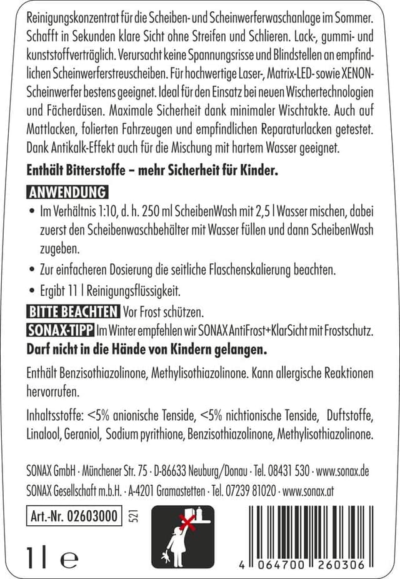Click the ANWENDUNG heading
(x=67, y=192)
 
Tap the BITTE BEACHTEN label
(x=73, y=311)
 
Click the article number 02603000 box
(x=74, y=516)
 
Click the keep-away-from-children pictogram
(x=182, y=536)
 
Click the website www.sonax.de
(x=343, y=470)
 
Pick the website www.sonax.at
(x=309, y=490)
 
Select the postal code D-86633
(x=172, y=470)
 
